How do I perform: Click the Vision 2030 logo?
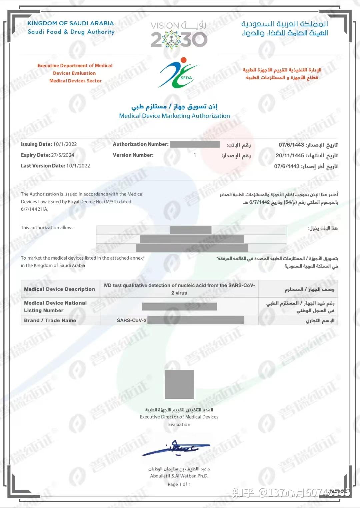179,35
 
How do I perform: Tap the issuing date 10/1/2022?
65,144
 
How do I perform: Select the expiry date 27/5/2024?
63,155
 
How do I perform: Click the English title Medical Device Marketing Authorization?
174,116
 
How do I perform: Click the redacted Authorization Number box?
195,144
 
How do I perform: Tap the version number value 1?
195,155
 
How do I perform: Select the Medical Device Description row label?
59,289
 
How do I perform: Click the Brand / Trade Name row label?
50,320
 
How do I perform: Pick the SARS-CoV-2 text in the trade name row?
132,320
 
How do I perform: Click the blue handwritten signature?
176,448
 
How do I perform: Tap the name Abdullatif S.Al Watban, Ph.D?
179,476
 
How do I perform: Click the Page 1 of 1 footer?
179,484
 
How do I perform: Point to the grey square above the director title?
179,384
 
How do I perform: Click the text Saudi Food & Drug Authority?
71,32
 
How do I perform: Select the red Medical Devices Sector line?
75,81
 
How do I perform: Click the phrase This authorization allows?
48,228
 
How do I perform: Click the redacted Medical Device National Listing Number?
179,307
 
